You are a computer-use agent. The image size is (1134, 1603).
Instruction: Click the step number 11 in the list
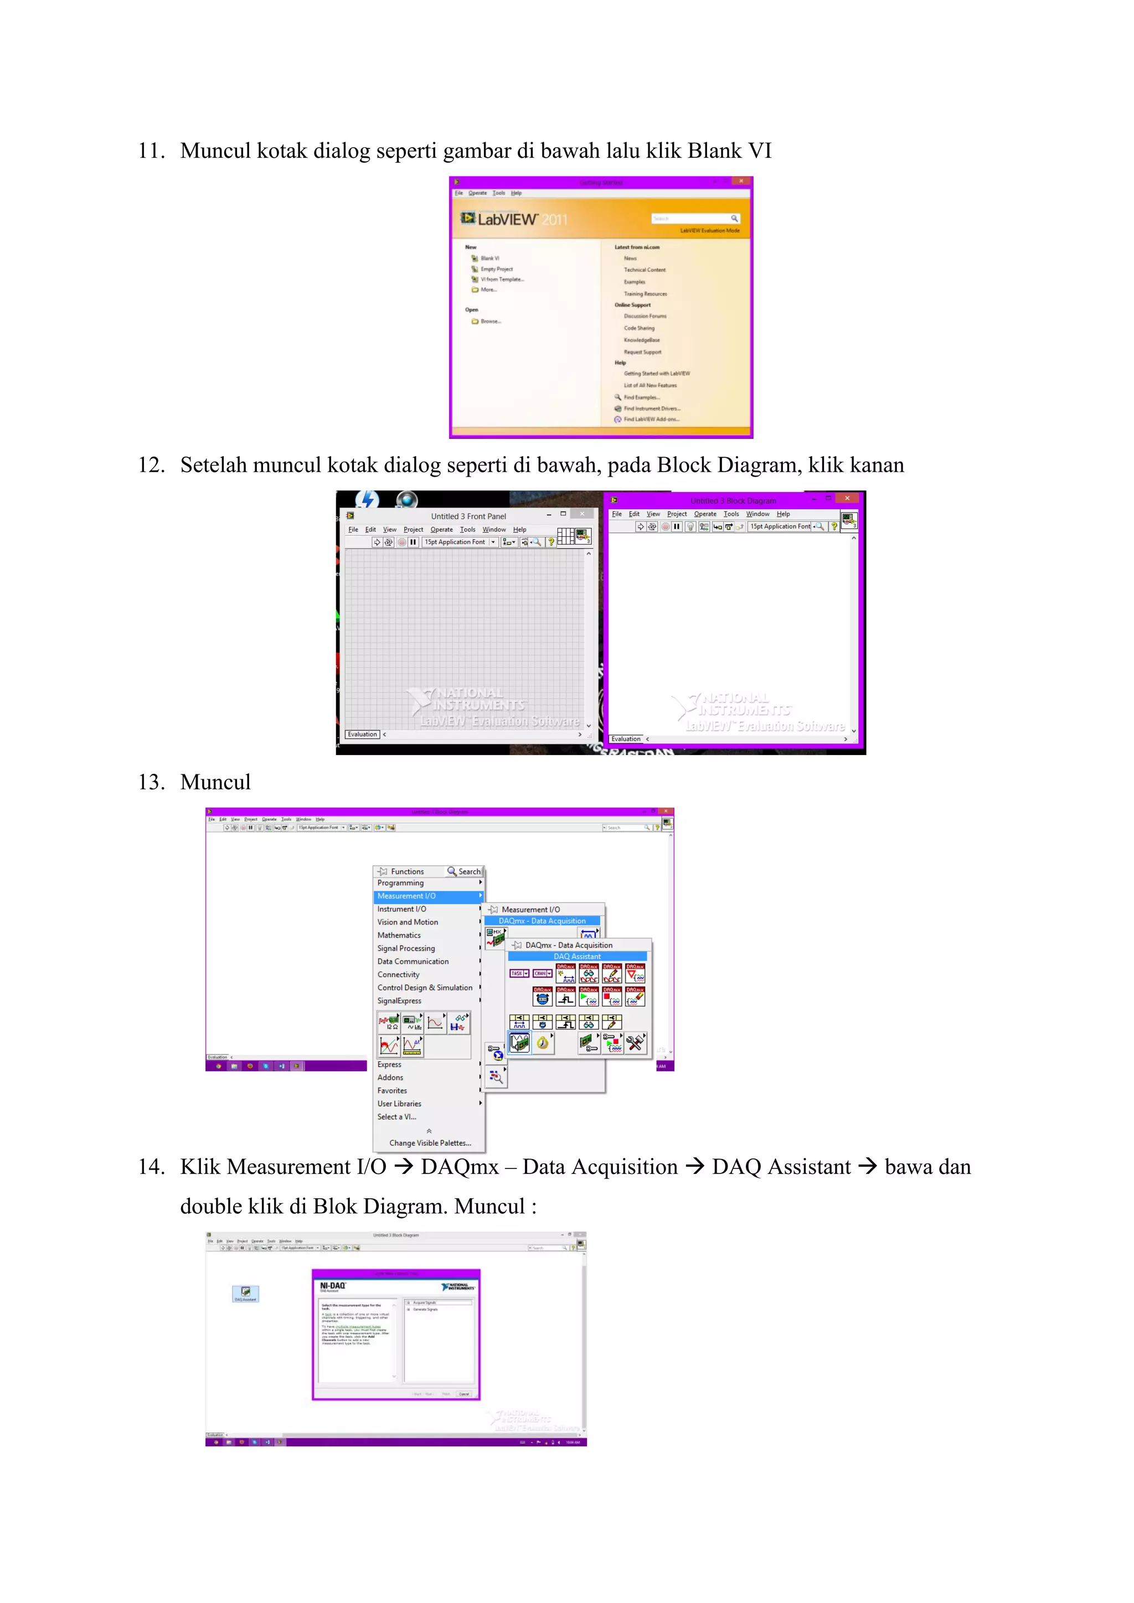point(150,151)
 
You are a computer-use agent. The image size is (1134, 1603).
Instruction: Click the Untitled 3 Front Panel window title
point(468,516)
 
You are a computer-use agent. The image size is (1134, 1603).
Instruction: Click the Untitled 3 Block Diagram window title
point(733,500)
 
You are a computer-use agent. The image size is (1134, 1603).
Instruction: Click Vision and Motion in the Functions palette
point(408,922)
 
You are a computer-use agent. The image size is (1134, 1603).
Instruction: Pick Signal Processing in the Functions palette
point(406,948)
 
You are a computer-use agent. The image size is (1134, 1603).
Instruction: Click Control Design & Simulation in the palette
point(425,987)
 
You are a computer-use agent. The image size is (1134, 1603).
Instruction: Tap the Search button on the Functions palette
point(465,871)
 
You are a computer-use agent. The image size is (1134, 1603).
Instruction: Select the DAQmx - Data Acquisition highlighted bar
point(542,921)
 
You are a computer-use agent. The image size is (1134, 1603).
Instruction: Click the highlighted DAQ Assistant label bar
point(577,956)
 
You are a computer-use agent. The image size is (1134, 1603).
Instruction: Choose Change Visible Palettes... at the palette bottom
point(430,1143)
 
